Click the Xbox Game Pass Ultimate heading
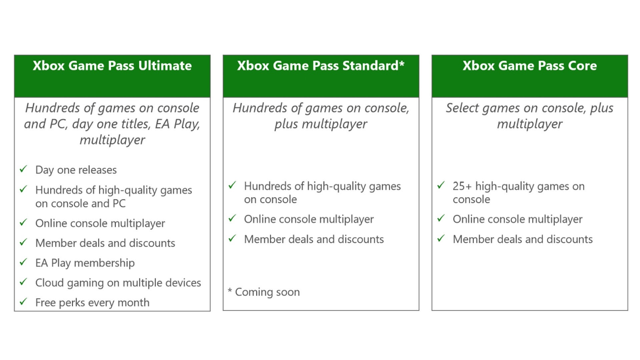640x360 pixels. point(112,66)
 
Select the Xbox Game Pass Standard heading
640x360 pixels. point(321,66)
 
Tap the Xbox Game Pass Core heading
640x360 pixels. point(530,66)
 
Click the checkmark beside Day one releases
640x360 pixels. point(23,169)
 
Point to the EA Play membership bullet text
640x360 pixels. point(85,263)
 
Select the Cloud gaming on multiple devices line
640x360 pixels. point(118,283)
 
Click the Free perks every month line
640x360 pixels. point(92,303)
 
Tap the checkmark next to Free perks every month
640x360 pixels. point(23,302)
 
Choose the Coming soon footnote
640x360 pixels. point(264,292)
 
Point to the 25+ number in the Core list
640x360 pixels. point(462,186)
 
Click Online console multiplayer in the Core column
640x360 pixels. point(517,219)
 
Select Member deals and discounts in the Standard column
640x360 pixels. point(314,239)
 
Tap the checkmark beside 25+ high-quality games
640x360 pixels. point(441,185)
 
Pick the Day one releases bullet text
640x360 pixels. point(76,170)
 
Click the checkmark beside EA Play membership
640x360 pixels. point(23,262)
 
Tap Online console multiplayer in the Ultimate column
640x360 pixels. point(100,223)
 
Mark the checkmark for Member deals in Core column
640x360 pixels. point(441,238)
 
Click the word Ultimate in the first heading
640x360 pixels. point(165,66)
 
